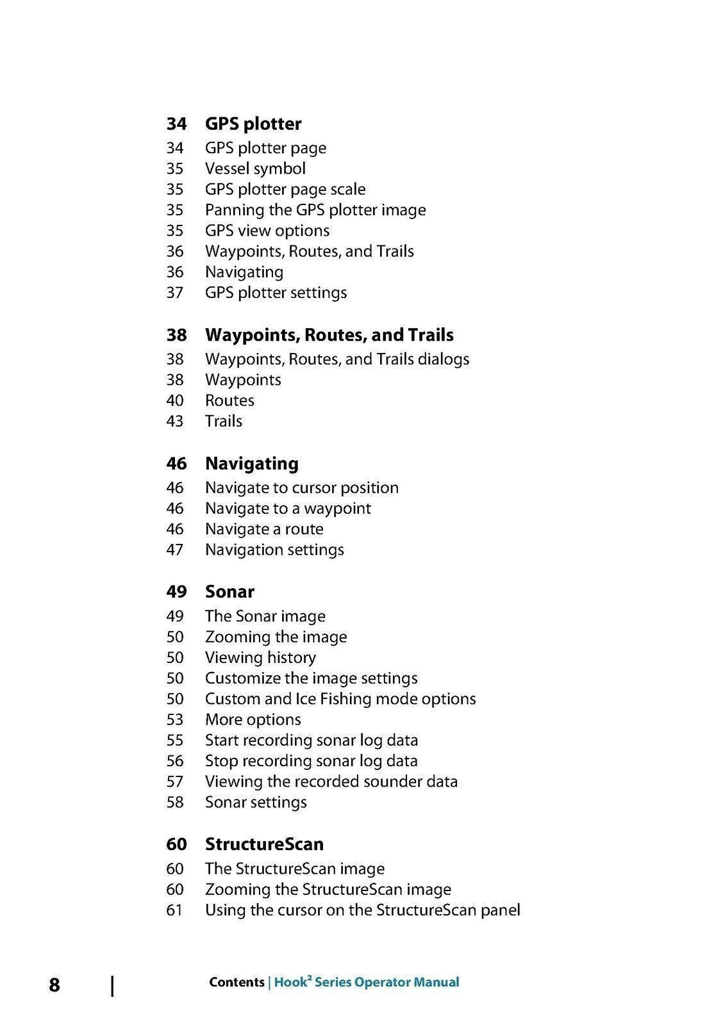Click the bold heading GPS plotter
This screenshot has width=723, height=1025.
tap(253, 124)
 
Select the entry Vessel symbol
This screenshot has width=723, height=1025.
tap(255, 168)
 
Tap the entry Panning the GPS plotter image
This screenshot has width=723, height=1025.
tap(315, 210)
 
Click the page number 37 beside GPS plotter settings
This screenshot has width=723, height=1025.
tap(175, 293)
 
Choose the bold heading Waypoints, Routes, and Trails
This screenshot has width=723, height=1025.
tap(329, 335)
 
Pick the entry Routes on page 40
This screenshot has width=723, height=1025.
tap(229, 400)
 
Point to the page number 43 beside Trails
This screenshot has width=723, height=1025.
tap(175, 421)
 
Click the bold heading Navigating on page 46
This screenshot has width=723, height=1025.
tap(251, 463)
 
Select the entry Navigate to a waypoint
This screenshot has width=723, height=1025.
tap(288, 509)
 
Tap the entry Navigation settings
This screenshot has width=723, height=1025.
tap(274, 550)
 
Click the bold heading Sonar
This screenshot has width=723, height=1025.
tap(229, 591)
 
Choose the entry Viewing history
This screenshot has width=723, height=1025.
tap(260, 658)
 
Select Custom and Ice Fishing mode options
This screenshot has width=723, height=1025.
tap(340, 699)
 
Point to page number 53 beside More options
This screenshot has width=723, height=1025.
tap(175, 719)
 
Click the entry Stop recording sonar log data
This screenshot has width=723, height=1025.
tap(311, 761)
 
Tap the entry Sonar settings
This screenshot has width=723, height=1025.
tap(256, 802)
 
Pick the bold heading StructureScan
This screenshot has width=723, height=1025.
tap(264, 844)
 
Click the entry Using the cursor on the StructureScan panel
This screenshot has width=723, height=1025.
tap(362, 910)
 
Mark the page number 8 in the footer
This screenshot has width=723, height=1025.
tap(54, 985)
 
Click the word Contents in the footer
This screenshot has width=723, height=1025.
tap(237, 982)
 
